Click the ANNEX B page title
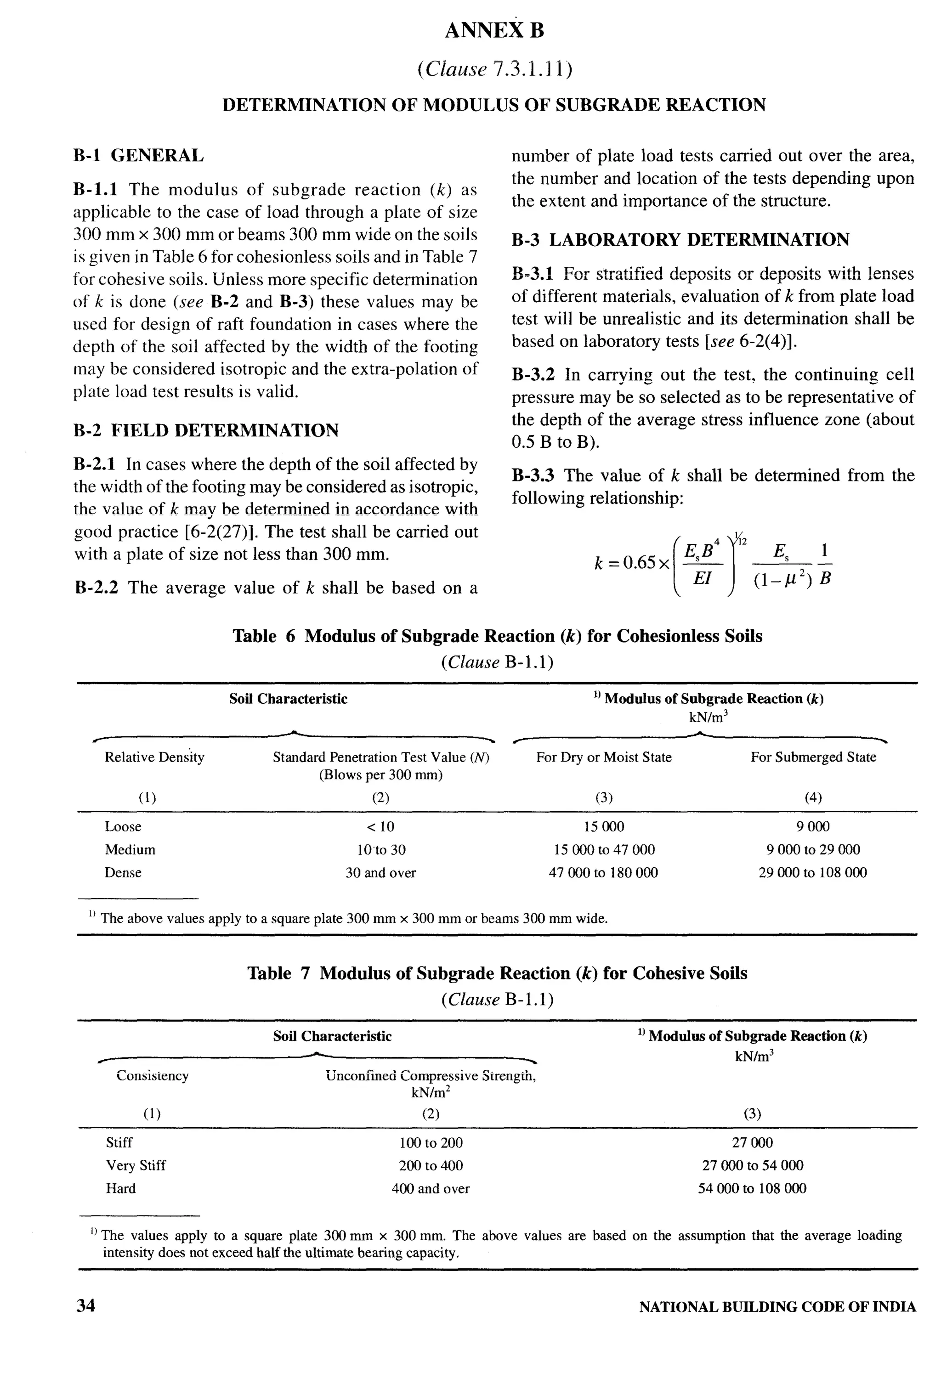494,31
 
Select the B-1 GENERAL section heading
138,156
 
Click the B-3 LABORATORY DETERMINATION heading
680,240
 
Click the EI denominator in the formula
702,578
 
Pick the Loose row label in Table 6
123,826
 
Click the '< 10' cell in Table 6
380,826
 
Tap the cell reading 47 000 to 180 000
603,873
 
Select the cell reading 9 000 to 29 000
813,849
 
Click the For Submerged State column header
813,757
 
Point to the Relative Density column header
154,757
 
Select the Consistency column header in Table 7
153,1075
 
